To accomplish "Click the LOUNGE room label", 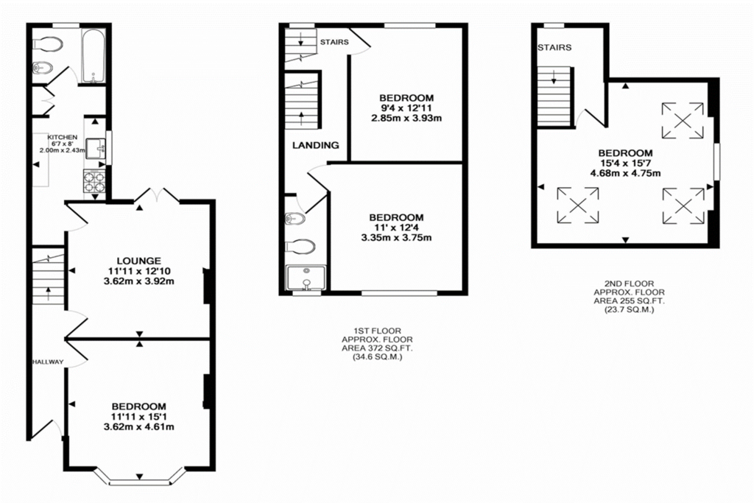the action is (x=139, y=261).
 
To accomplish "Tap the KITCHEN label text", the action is (x=62, y=138).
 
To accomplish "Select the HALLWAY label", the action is (x=48, y=362).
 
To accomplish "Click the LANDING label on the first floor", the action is (x=315, y=145).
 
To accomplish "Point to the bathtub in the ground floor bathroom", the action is (x=94, y=56).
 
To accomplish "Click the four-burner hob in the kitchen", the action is (x=95, y=181).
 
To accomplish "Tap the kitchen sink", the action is (x=96, y=148).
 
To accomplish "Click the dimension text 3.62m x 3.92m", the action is (x=139, y=281).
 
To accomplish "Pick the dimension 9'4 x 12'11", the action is (x=406, y=108).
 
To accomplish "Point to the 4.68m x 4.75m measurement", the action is (x=625, y=173).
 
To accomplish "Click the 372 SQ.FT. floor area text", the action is (x=377, y=348).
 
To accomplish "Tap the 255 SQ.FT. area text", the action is (x=629, y=301).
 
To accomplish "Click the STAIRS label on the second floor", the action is (x=554, y=48).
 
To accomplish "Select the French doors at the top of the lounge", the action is (x=158, y=194).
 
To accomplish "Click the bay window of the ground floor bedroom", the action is (x=139, y=477).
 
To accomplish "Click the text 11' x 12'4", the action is (x=396, y=228).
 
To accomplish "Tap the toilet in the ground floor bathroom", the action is (x=48, y=43).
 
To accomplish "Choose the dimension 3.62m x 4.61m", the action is (x=139, y=426).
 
